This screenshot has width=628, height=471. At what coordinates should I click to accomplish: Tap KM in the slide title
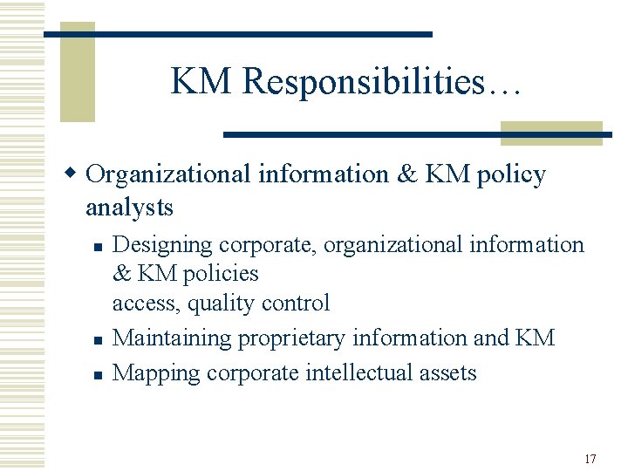[202, 81]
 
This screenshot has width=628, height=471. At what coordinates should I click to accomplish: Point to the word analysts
[129, 208]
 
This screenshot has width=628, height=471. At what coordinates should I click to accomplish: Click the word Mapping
[154, 373]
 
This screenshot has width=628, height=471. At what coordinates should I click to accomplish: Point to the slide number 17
[590, 459]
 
